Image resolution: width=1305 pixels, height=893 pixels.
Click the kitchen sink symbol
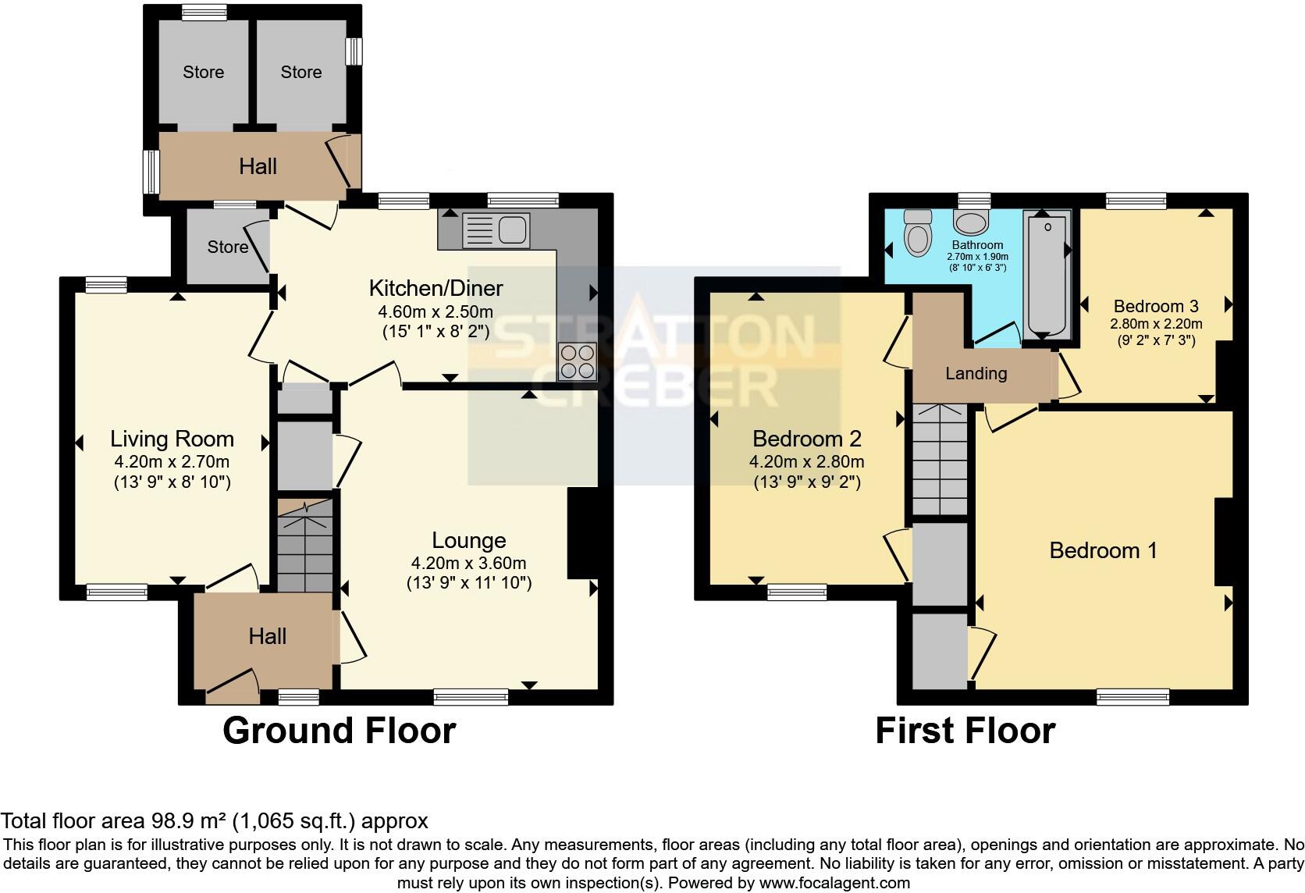[x=496, y=230]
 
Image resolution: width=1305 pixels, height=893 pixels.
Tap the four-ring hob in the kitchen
[x=578, y=361]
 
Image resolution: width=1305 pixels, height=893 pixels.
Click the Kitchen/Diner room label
[x=436, y=288]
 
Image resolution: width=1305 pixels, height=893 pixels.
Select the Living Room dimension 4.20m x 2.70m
[x=172, y=462]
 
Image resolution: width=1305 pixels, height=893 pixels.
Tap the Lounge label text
[x=469, y=540]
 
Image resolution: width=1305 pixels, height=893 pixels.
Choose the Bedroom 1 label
[x=1103, y=550]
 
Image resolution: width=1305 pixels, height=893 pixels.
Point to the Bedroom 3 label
[x=1156, y=306]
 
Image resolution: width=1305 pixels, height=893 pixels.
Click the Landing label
[x=976, y=373]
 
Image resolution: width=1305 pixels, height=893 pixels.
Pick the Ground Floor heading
[x=339, y=731]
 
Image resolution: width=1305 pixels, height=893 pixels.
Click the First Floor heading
[x=965, y=731]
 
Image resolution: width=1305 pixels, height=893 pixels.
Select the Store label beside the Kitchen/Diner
[x=227, y=247]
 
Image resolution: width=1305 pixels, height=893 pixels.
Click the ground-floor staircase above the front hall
[x=305, y=546]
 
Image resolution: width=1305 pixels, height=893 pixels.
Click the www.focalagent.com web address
[x=834, y=883]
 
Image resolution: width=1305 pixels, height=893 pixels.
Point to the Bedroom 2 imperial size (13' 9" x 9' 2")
[x=807, y=482]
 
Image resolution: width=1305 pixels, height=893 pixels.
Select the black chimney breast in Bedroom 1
[x=1223, y=542]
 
